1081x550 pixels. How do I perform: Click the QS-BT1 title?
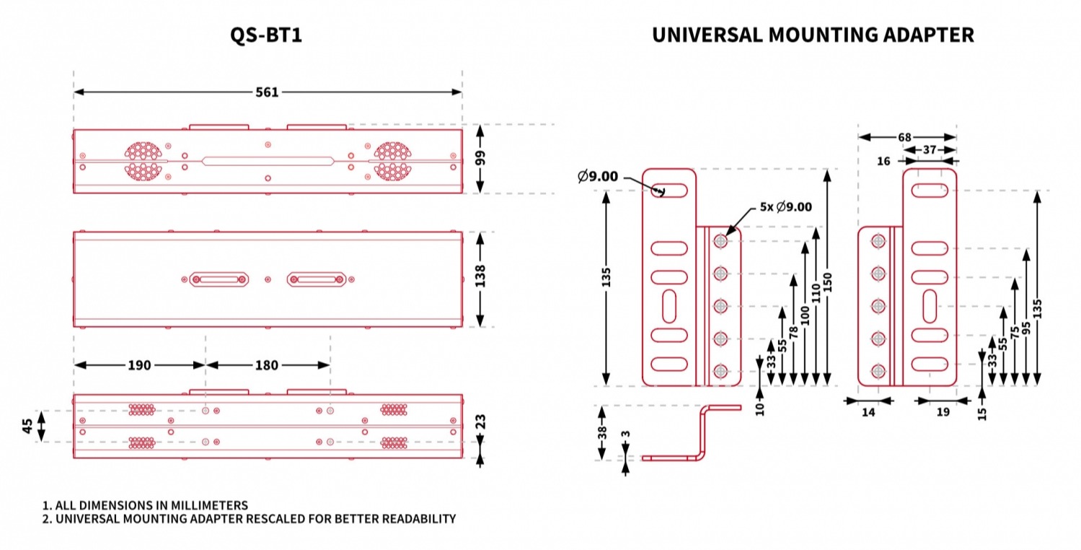tap(265, 35)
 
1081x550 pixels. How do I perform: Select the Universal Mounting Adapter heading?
tap(813, 35)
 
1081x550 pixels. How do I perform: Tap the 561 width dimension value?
tap(267, 92)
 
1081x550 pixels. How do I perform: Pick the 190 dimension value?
tap(139, 365)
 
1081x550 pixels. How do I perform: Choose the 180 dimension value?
tap(267, 365)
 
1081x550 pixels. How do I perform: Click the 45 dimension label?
tap(27, 426)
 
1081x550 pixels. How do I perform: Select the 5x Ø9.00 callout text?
tap(785, 206)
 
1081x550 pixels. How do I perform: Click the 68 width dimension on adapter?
tap(906, 136)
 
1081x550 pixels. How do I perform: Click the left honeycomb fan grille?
tap(142, 160)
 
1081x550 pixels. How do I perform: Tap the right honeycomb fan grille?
tap(392, 160)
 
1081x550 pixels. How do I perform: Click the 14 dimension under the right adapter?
tap(868, 413)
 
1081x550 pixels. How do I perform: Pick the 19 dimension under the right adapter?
tap(943, 413)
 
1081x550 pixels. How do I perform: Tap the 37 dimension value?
tap(930, 149)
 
